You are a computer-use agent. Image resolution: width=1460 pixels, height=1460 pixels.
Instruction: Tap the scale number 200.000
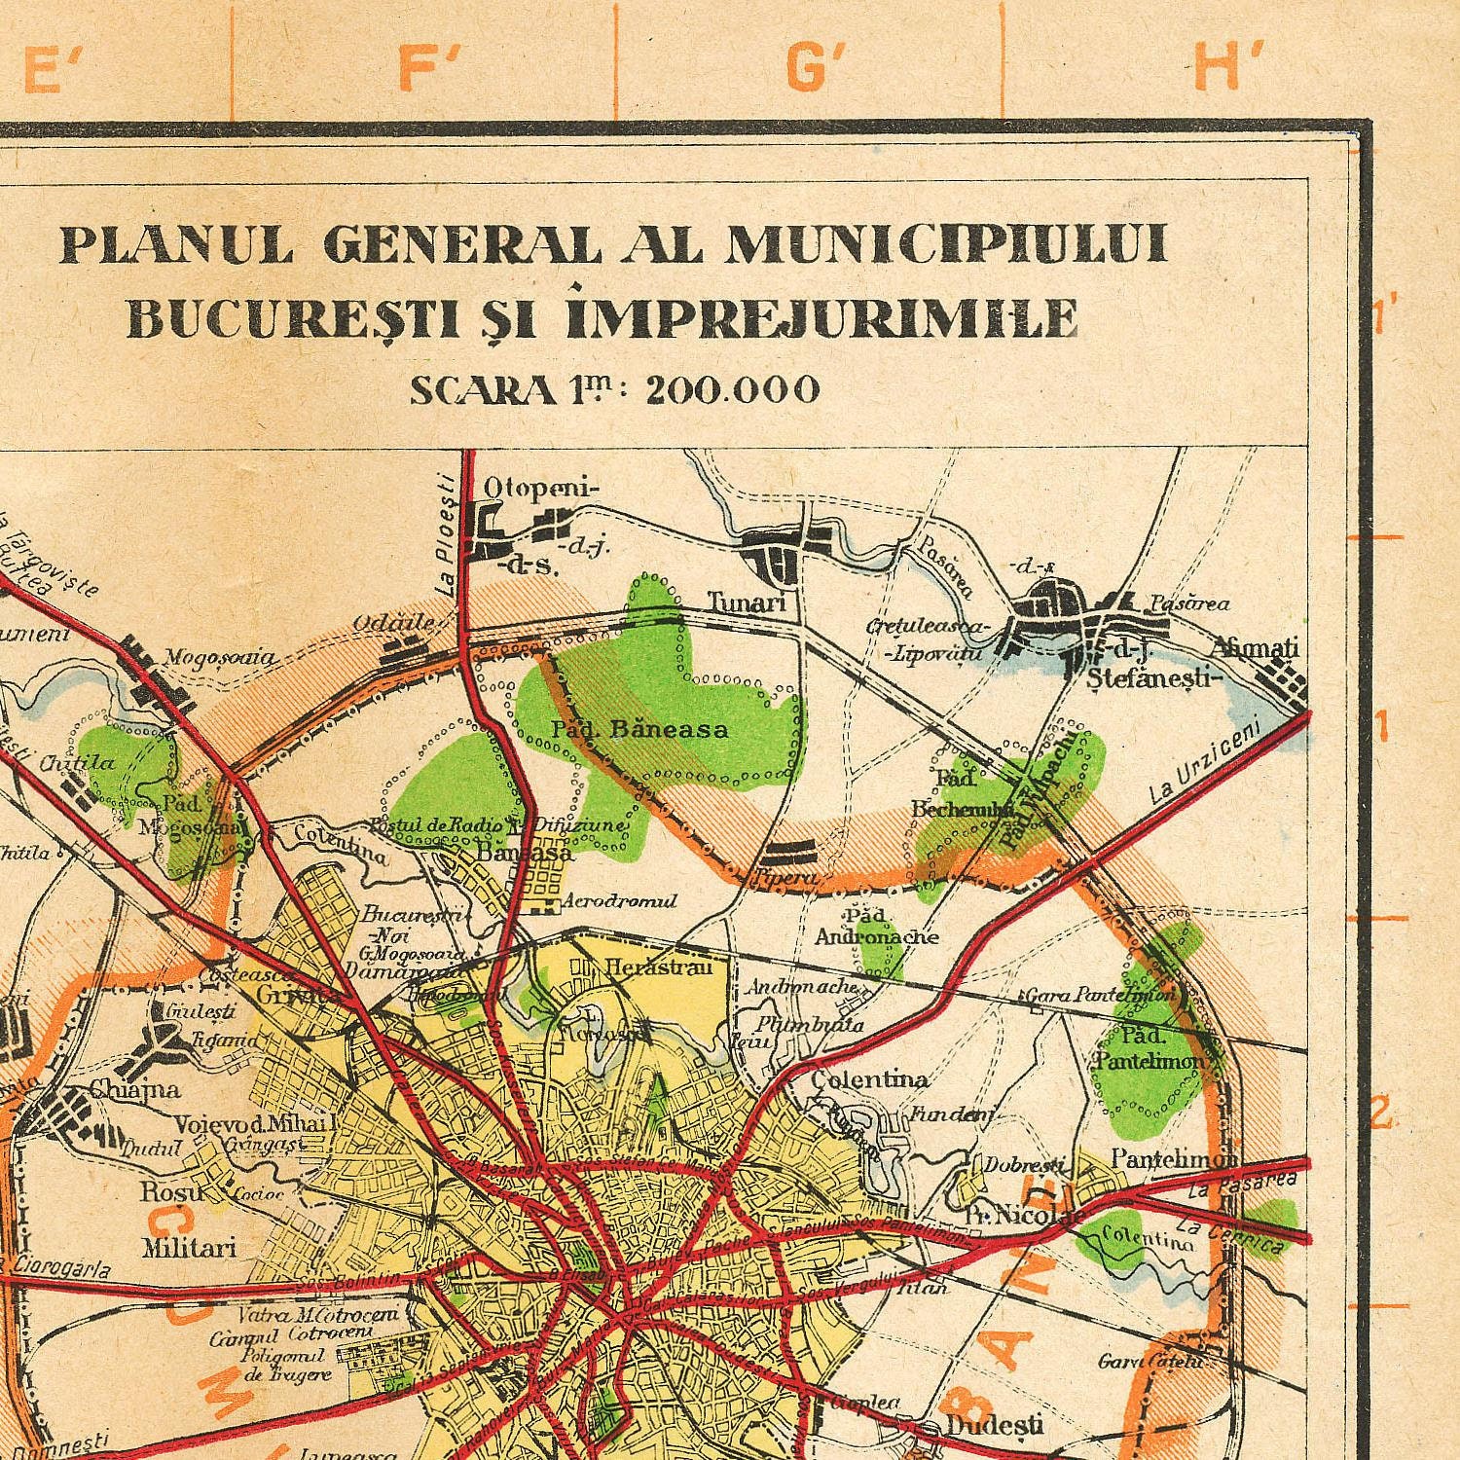click(x=732, y=390)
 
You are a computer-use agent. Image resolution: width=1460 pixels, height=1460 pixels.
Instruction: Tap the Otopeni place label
click(x=541, y=488)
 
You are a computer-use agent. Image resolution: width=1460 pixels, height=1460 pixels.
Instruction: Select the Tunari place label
click(x=746, y=602)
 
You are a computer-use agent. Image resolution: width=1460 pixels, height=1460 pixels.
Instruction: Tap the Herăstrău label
click(x=659, y=967)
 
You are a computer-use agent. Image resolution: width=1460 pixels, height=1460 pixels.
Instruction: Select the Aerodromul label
click(x=620, y=901)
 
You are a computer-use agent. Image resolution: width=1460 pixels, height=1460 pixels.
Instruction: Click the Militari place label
click(x=189, y=1247)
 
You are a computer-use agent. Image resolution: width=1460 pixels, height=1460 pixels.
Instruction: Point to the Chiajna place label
click(x=135, y=1089)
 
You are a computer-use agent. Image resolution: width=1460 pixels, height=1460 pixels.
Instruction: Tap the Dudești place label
click(x=994, y=1426)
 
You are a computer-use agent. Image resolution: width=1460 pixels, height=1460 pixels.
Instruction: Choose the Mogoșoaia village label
click(x=219, y=659)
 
